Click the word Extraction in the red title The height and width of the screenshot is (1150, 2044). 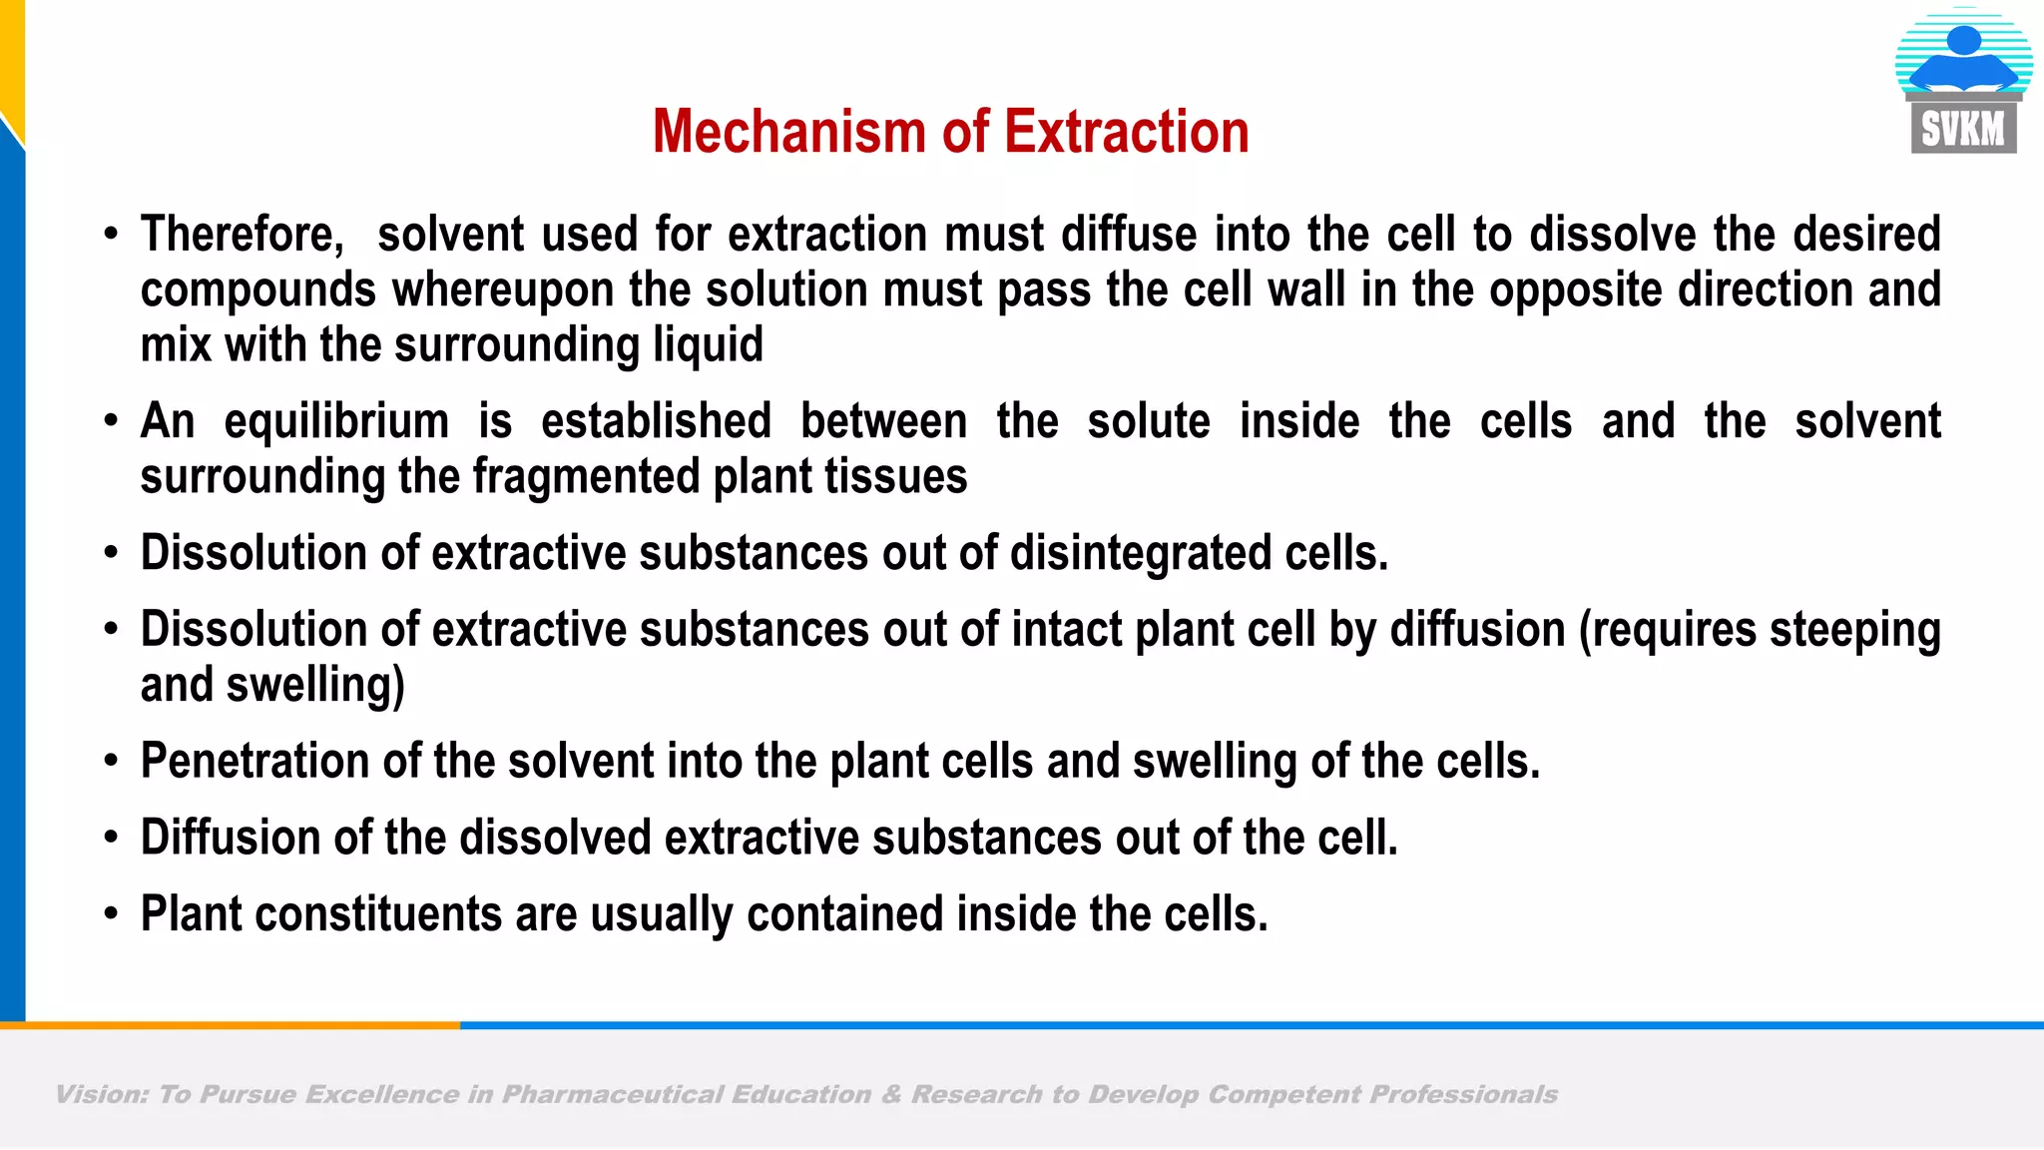tap(1127, 133)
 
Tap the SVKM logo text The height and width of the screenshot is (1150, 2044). tap(1963, 130)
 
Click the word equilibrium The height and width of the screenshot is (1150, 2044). tap(336, 422)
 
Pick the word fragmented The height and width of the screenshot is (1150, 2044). tap(585, 477)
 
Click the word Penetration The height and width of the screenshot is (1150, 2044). tap(255, 762)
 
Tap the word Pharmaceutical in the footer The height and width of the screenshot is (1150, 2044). tap(612, 1095)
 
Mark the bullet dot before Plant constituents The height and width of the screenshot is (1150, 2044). tap(111, 913)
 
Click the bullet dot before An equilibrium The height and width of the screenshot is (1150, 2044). tap(111, 420)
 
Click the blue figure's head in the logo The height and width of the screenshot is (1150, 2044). tap(1963, 40)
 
